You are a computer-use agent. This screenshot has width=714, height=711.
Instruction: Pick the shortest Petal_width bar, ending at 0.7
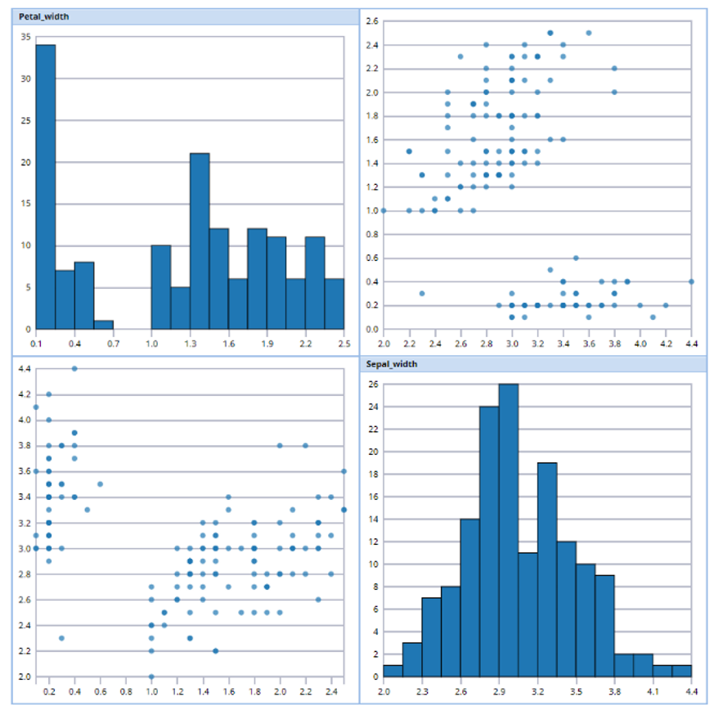pyautogui.click(x=103, y=325)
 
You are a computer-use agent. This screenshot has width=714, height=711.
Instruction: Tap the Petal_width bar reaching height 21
pyautogui.click(x=200, y=241)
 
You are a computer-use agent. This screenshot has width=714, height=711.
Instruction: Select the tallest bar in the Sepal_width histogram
pyautogui.click(x=509, y=532)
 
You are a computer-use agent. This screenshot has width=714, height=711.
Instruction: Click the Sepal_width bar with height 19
pyautogui.click(x=547, y=570)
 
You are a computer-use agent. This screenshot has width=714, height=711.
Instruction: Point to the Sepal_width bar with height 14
pyautogui.click(x=470, y=597)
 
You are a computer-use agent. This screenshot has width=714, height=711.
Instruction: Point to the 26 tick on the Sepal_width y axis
pyautogui.click(x=373, y=384)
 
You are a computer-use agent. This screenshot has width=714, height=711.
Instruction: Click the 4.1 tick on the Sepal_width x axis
pyautogui.click(x=653, y=691)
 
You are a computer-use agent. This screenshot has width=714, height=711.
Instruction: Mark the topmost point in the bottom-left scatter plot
pyautogui.click(x=74, y=368)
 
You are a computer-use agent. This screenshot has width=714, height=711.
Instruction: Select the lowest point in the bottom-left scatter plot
pyautogui.click(x=151, y=677)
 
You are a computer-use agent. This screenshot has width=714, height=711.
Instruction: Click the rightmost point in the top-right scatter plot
pyautogui.click(x=691, y=281)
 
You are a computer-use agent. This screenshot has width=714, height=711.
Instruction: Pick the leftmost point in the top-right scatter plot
pyautogui.click(x=383, y=210)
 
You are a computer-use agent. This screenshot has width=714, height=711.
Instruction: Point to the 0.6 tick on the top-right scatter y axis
pyautogui.click(x=371, y=258)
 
